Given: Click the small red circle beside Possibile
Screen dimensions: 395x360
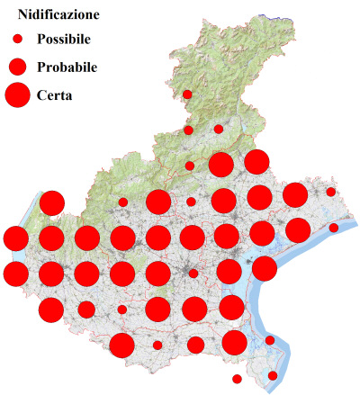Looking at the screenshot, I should pos(17,40).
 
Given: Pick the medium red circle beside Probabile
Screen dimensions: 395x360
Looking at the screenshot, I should pos(17,67).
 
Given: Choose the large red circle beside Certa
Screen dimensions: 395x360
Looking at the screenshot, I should pos(17,94).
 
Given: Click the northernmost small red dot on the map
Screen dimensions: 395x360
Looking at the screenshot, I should pos(187,94).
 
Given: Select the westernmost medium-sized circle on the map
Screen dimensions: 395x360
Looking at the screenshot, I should pos(86,310).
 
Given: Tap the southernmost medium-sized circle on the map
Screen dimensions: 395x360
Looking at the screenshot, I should pos(195,345).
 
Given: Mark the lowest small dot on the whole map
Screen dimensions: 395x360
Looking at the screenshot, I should pos(237,379).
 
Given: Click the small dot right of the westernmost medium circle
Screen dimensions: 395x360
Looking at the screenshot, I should pos(122,310).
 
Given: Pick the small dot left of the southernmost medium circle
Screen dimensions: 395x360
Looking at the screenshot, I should pos(157,345).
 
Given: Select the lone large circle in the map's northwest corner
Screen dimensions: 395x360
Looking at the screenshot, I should pos(51,202).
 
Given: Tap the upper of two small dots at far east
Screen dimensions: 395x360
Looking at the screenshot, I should pos(331,192).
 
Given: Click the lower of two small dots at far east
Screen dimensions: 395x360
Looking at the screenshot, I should pos(334,228).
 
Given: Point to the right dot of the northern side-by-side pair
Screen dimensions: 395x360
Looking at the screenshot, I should pos(219,130).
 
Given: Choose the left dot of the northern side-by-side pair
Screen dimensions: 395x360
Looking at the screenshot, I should pos(188,130).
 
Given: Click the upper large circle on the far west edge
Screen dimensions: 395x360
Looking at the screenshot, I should pos(15,238).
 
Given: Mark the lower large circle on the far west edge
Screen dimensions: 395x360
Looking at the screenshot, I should pos(15,273).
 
